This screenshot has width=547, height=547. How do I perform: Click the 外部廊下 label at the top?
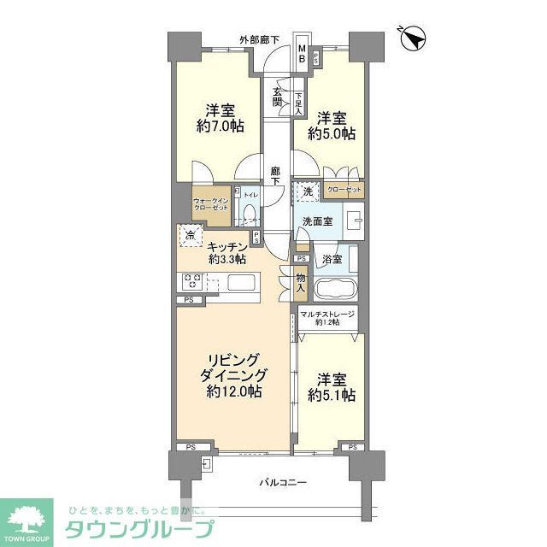tap(259, 39)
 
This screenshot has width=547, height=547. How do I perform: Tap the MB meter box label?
tap(302, 54)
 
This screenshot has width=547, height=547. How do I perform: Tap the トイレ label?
tap(250, 196)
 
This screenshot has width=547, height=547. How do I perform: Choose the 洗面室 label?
tap(316, 221)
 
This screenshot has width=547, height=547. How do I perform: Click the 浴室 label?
tap(331, 260)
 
